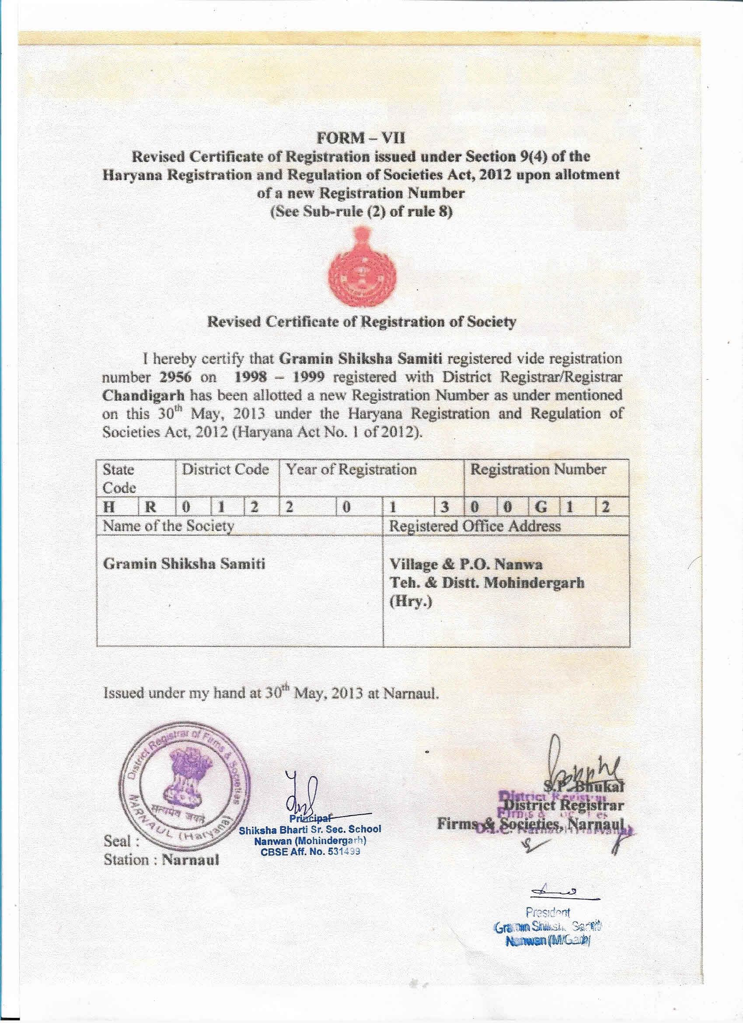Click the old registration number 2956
176,377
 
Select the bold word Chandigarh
143,396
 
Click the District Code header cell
225,469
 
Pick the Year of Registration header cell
351,469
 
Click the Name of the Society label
168,526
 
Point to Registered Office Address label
475,526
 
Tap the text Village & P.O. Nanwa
466,564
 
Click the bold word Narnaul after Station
190,860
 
